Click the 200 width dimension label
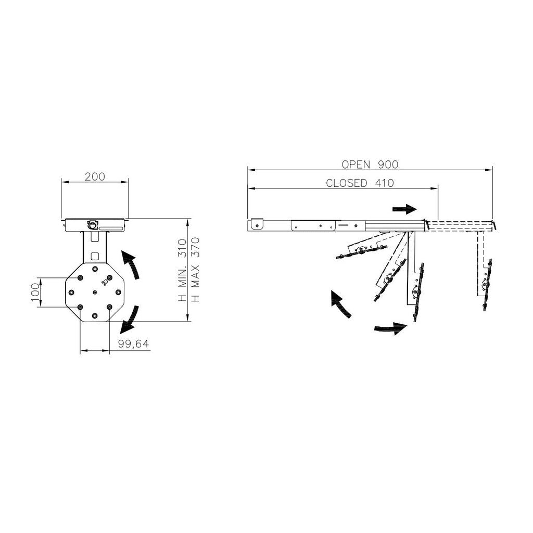click(95, 177)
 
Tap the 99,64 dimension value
click(134, 344)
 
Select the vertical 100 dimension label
click(35, 293)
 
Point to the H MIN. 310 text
click(183, 270)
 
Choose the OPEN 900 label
click(370, 164)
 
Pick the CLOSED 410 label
click(360, 183)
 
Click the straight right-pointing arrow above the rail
click(404, 209)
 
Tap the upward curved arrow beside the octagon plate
click(132, 263)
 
